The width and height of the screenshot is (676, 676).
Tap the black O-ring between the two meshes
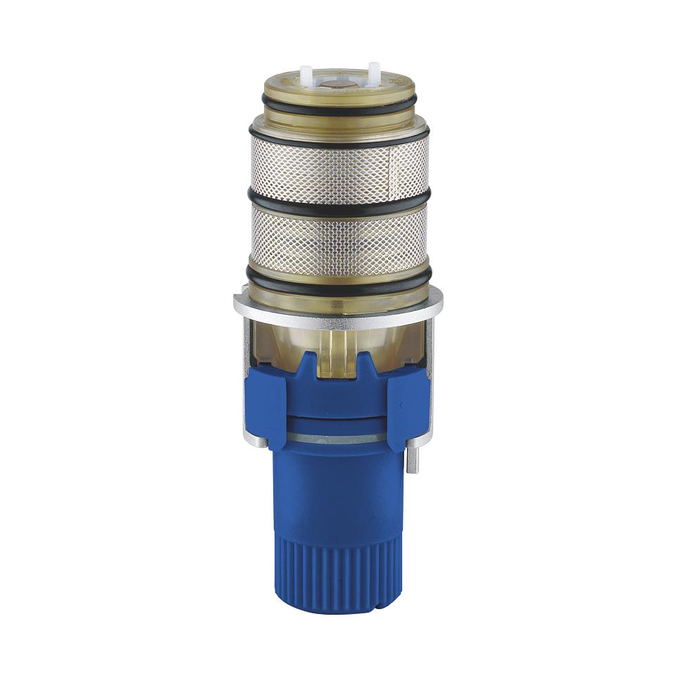coord(338,203)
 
